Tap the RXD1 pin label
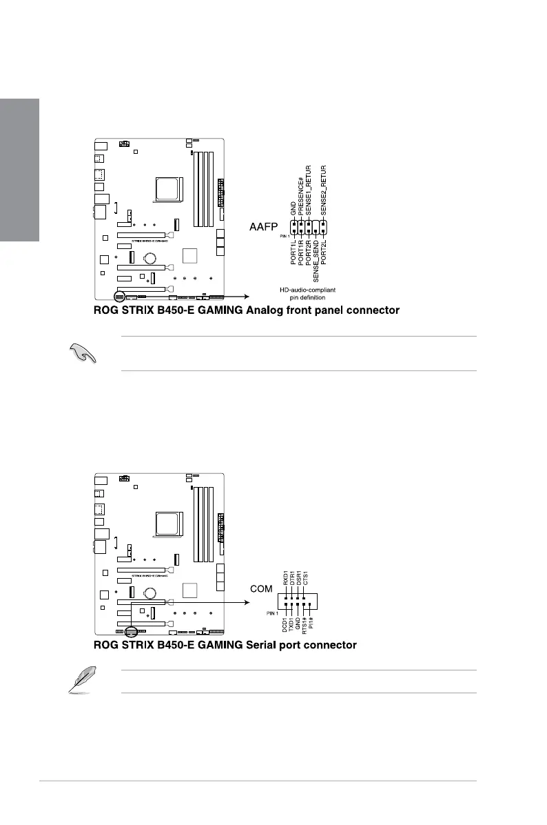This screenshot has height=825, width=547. click(285, 578)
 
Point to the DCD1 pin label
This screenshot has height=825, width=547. click(285, 625)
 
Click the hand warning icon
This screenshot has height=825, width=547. click(81, 353)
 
